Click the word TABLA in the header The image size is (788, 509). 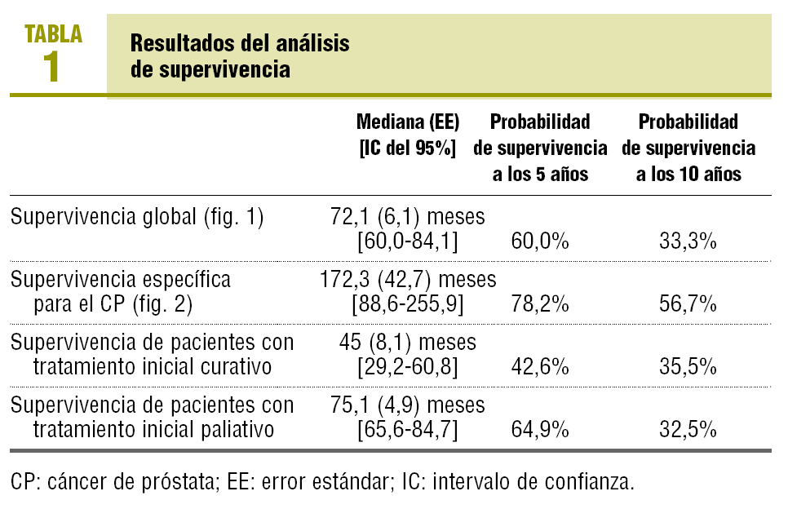tap(54, 33)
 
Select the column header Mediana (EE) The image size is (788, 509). tap(408, 122)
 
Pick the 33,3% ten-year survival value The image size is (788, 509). tap(688, 241)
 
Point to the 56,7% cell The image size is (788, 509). tap(688, 304)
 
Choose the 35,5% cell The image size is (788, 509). tap(688, 367)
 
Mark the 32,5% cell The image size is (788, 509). tap(688, 429)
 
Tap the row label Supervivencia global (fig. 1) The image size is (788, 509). tap(137, 218)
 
